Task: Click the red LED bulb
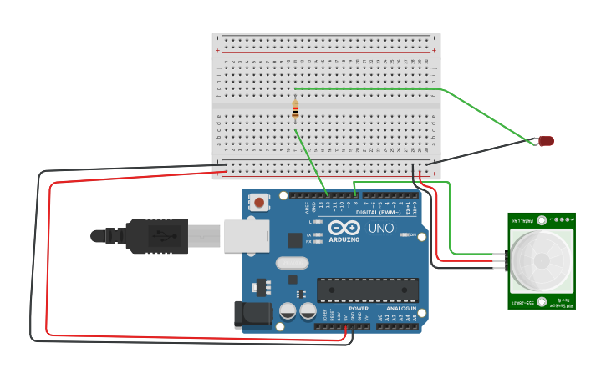click(x=546, y=141)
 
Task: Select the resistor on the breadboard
click(x=295, y=109)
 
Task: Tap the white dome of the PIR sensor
click(x=541, y=261)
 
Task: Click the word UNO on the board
click(x=381, y=228)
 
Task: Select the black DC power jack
click(x=253, y=315)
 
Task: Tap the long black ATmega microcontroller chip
click(x=367, y=290)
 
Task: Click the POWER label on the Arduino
click(x=359, y=308)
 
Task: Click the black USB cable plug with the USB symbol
click(x=156, y=235)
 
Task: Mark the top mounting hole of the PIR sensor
click(x=541, y=221)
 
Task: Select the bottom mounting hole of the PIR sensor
click(x=541, y=301)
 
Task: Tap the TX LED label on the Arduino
click(x=309, y=235)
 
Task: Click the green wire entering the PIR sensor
click(x=481, y=253)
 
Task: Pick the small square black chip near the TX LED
click(x=294, y=240)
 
